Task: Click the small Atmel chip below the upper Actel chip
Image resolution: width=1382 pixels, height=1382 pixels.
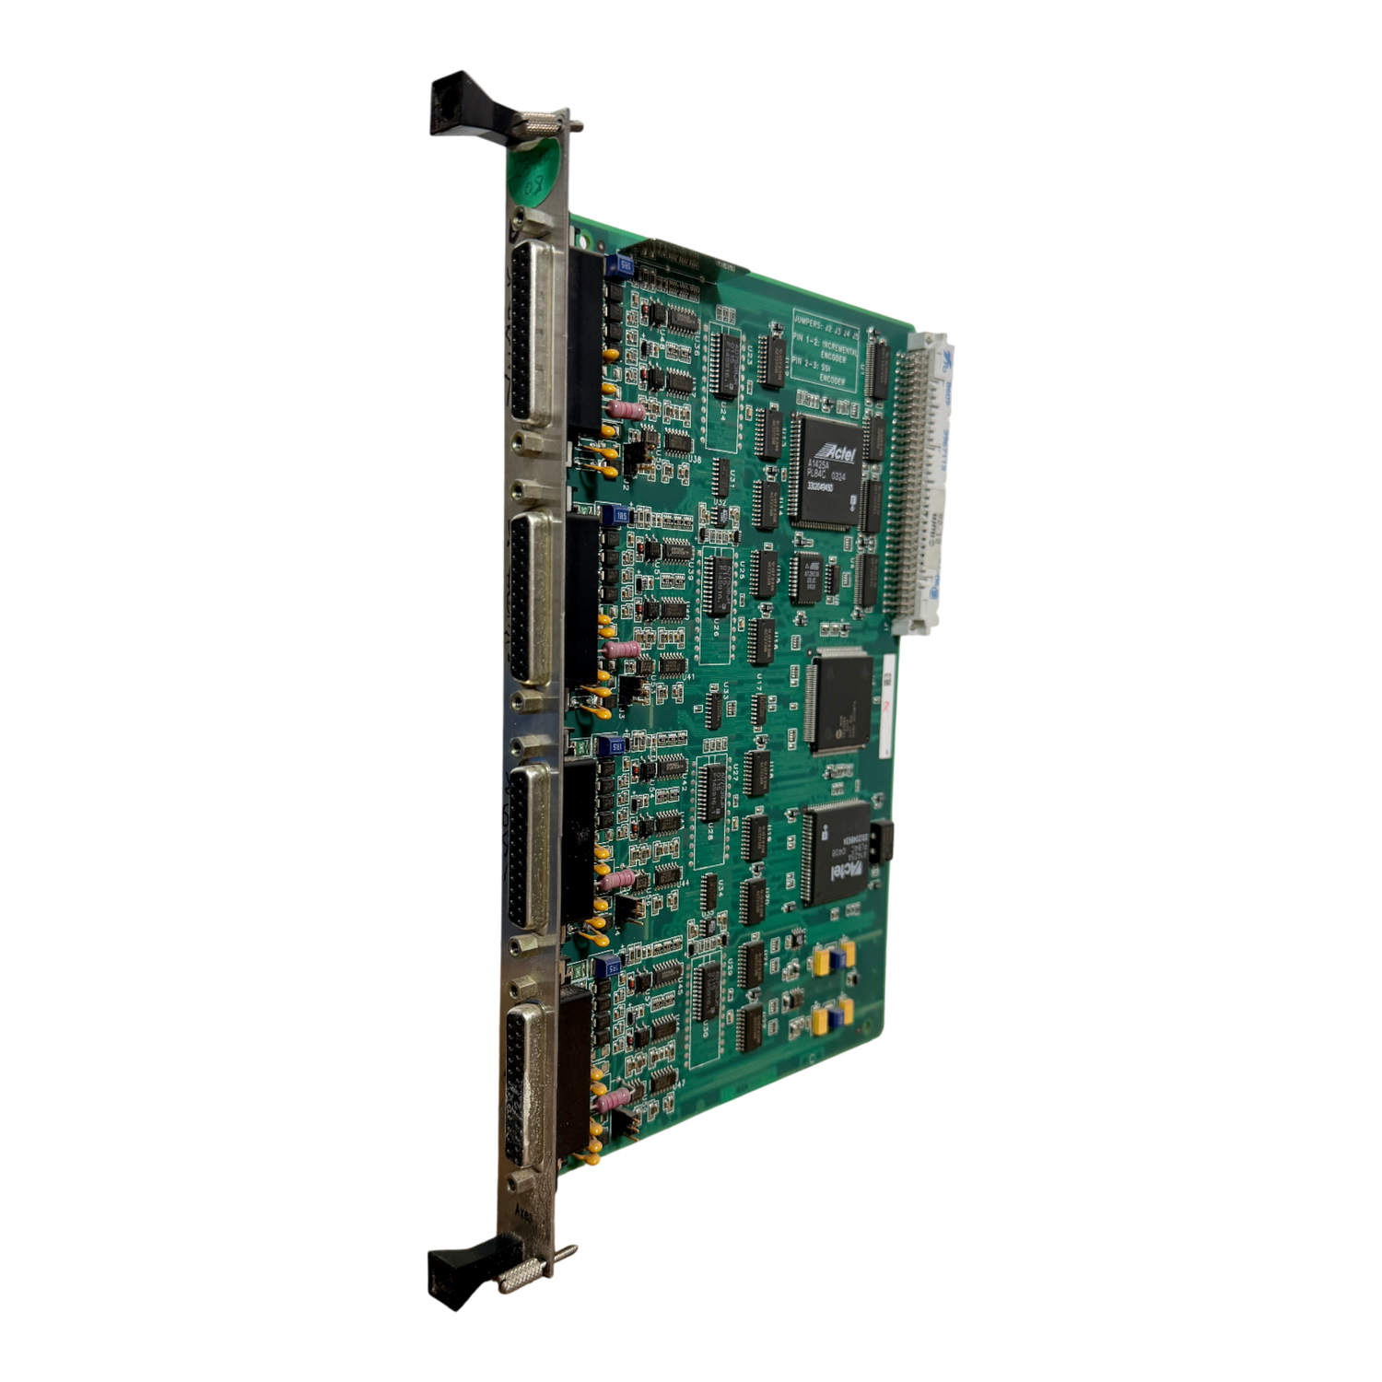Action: click(x=810, y=577)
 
